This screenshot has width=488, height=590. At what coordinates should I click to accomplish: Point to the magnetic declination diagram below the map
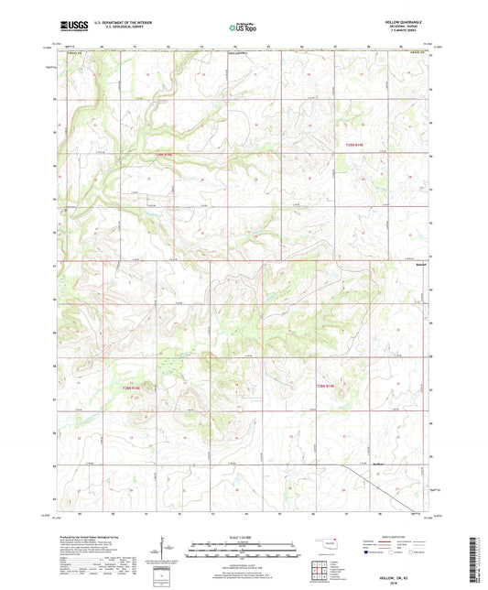pos(167,552)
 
